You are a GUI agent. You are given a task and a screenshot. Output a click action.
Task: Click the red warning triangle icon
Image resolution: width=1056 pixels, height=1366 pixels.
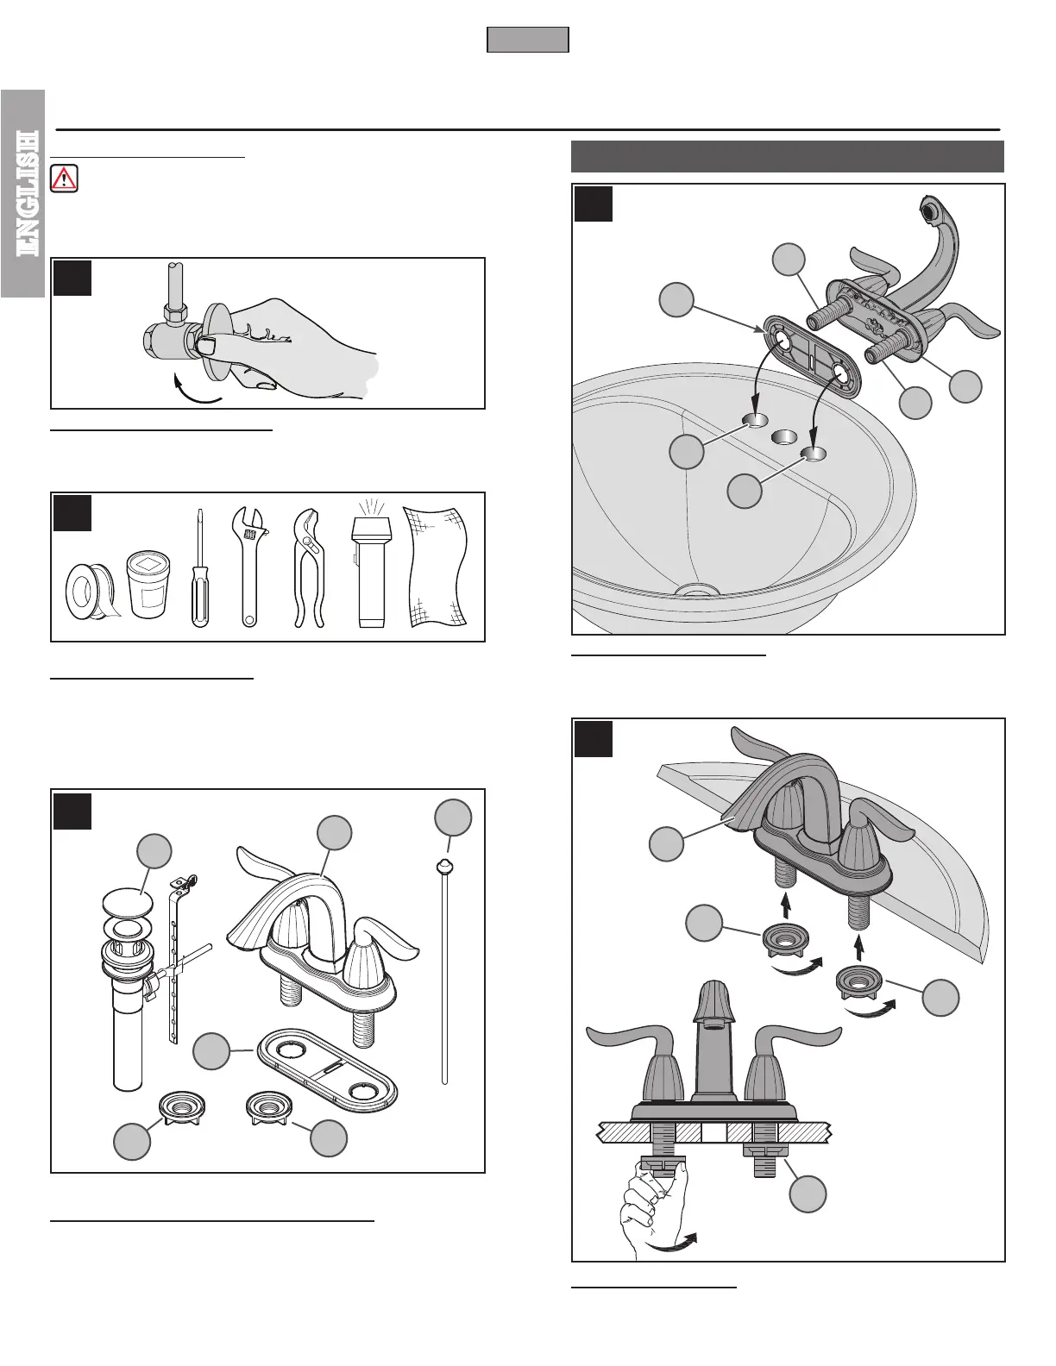coord(64,179)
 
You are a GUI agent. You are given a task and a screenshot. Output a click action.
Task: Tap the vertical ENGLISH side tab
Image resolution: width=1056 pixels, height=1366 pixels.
coord(23,194)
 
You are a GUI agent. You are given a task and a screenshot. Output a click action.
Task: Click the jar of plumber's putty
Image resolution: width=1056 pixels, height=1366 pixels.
coord(148,584)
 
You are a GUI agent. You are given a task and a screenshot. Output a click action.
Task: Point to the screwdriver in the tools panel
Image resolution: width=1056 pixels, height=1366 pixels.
coord(201,568)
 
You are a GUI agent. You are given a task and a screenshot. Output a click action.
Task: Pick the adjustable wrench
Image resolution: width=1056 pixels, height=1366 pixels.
coord(249,567)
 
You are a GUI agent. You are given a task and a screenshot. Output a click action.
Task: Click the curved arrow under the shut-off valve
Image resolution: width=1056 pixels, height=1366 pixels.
coord(196,391)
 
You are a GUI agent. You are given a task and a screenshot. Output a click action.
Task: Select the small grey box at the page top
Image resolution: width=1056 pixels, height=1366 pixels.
coord(528,40)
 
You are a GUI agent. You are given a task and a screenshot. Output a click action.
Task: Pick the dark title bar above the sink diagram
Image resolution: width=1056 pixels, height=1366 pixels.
coord(788,157)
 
